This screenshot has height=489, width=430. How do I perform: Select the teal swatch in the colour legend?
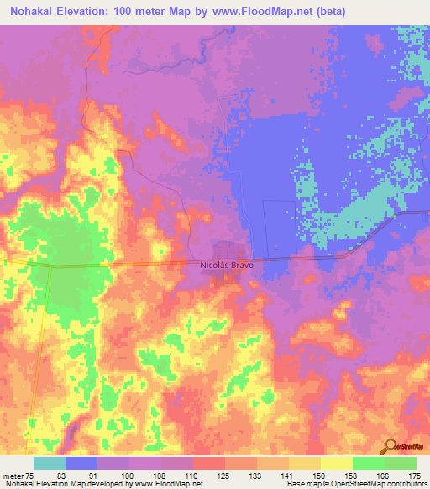click(50, 463)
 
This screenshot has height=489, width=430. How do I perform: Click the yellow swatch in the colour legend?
click(337, 463)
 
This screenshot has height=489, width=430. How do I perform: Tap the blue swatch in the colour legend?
click(81, 463)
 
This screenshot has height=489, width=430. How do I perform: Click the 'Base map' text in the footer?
click(301, 483)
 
